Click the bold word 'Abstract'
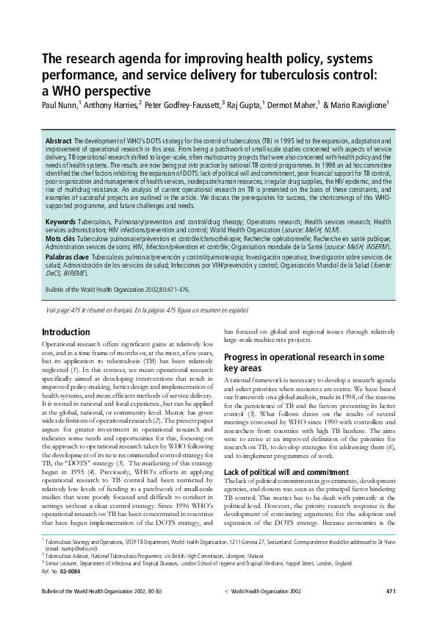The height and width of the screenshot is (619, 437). click(59, 140)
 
